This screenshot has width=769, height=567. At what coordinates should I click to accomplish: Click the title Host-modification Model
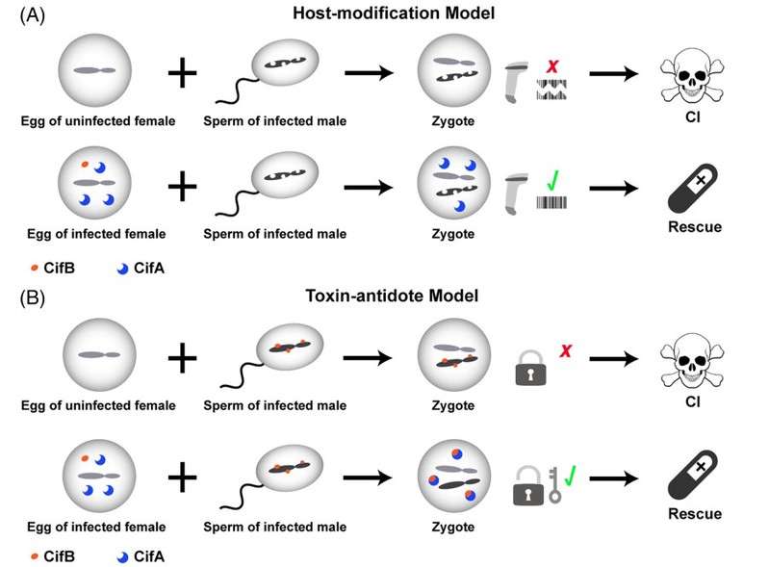click(x=394, y=13)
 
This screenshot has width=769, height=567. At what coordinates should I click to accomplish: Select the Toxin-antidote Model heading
click(x=392, y=296)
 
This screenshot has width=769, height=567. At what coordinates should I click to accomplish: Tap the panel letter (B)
click(x=33, y=298)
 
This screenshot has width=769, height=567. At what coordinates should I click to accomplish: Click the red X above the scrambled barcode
click(x=552, y=66)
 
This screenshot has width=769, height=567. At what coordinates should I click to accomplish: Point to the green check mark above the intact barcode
click(x=552, y=181)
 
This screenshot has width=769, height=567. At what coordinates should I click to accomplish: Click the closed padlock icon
click(x=530, y=368)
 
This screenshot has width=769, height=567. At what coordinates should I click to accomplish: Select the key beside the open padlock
click(x=554, y=484)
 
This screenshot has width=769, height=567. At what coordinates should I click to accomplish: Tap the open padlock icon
click(x=528, y=485)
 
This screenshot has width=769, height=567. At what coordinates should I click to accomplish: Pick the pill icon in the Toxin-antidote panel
click(x=693, y=475)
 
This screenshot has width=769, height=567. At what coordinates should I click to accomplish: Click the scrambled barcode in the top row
click(x=551, y=90)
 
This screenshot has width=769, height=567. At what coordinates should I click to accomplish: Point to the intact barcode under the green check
click(x=551, y=202)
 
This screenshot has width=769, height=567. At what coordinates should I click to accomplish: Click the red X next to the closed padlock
click(x=566, y=350)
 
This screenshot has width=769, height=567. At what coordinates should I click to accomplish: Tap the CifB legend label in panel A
click(x=60, y=268)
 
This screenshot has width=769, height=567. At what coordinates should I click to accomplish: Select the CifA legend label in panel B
click(x=149, y=556)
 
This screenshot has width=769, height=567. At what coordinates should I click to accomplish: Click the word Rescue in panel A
click(x=695, y=226)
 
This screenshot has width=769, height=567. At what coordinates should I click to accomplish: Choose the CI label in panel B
click(x=693, y=401)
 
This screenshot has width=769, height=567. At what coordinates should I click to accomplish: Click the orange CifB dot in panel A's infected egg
click(x=85, y=165)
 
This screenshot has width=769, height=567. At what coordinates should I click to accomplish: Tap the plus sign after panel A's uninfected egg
click(x=183, y=73)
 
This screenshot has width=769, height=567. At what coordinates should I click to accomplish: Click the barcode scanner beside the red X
click(x=516, y=83)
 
